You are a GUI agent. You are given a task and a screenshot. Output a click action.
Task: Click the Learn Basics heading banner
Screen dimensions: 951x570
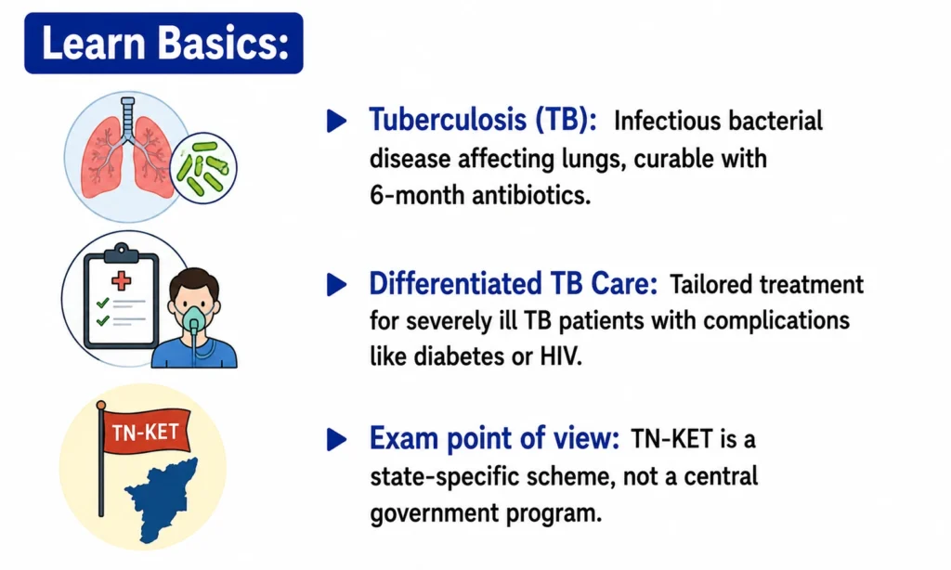(x=163, y=43)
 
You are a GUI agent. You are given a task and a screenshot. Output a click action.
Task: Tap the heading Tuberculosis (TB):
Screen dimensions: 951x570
(x=483, y=120)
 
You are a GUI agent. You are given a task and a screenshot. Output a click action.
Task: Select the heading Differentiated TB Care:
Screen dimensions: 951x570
(x=513, y=283)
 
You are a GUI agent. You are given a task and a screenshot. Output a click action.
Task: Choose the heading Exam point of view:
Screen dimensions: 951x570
(x=494, y=438)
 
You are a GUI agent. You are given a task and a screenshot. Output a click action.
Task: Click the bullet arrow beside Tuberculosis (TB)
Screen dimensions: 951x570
(x=336, y=120)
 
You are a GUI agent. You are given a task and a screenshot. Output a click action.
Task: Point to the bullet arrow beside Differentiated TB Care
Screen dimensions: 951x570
(x=336, y=284)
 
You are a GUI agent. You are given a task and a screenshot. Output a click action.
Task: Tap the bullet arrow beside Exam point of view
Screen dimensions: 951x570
(x=336, y=439)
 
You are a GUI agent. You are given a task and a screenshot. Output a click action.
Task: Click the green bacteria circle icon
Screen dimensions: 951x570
(x=203, y=168)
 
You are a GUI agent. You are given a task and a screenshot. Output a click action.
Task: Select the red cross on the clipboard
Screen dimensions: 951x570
(x=122, y=280)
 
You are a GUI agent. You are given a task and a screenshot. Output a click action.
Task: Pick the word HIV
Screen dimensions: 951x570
(x=561, y=356)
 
